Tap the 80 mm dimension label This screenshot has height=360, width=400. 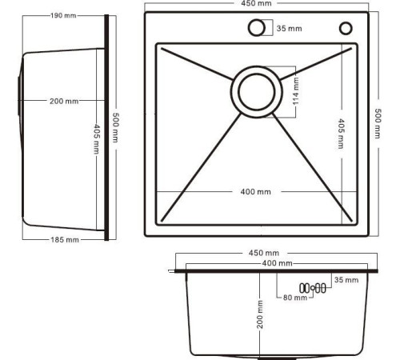pos(295,298)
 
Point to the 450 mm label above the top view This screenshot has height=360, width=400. pos(255,4)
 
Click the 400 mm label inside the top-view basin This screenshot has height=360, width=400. pos(256,192)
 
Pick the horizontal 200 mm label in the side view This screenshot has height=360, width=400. pos(64,101)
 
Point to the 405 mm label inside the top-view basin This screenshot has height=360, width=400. pos(342,134)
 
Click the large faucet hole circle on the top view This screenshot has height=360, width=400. pos(256,28)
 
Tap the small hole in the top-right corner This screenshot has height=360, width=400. pos(346,28)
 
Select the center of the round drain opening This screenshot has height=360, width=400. pos(255,90)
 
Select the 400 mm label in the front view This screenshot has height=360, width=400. pos(277,263)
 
